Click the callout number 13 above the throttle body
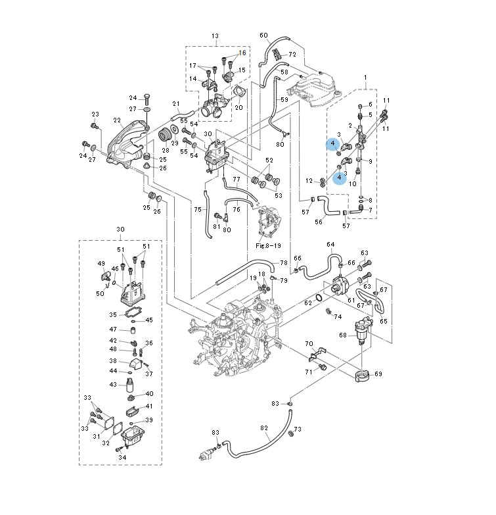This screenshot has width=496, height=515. click(x=215, y=36)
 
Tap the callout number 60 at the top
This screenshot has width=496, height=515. click(x=263, y=35)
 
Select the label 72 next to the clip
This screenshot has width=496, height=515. click(x=292, y=54)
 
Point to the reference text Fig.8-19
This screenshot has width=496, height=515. click(x=268, y=246)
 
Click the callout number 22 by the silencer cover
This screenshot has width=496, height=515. click(x=117, y=120)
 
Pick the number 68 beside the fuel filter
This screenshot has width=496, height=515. click(x=343, y=335)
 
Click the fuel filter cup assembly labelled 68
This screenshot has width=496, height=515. click(x=362, y=331)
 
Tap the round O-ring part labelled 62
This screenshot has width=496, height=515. click(x=319, y=297)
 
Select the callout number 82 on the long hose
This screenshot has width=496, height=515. click(x=264, y=428)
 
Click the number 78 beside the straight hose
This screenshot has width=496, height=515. click(x=283, y=262)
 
